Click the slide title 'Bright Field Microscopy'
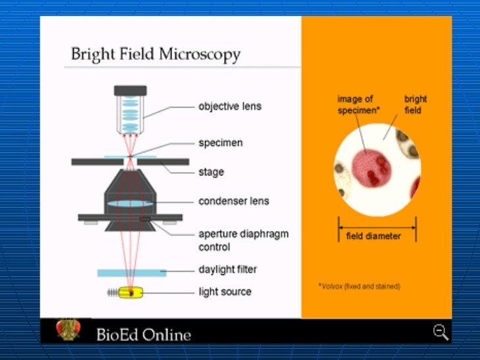[x=156, y=53]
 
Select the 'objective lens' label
[x=230, y=106]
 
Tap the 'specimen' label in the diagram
[x=220, y=142]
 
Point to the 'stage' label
[x=211, y=172]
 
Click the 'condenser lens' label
[x=233, y=201]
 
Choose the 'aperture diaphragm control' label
[x=243, y=240]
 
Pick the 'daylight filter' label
[x=227, y=270]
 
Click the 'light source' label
[x=225, y=291]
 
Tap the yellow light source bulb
[x=131, y=291]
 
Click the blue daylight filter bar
[x=131, y=272]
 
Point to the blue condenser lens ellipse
[x=131, y=204]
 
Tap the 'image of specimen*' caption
[x=359, y=105]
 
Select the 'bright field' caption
[x=415, y=105]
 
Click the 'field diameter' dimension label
[x=373, y=236]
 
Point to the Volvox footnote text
[x=359, y=286]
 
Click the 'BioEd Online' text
[x=144, y=334]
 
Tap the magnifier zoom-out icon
[x=440, y=332]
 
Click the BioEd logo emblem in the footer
[x=68, y=330]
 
